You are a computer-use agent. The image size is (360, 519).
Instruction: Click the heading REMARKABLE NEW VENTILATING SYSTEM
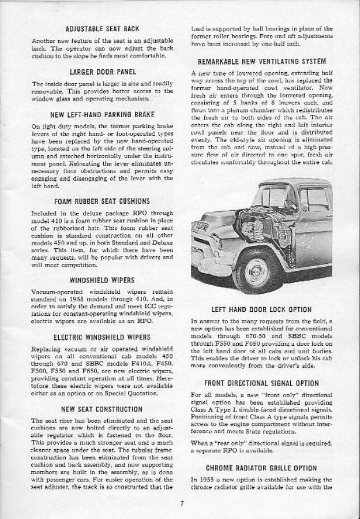[262, 61]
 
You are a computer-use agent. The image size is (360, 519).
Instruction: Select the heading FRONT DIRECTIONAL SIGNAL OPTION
[262, 383]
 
